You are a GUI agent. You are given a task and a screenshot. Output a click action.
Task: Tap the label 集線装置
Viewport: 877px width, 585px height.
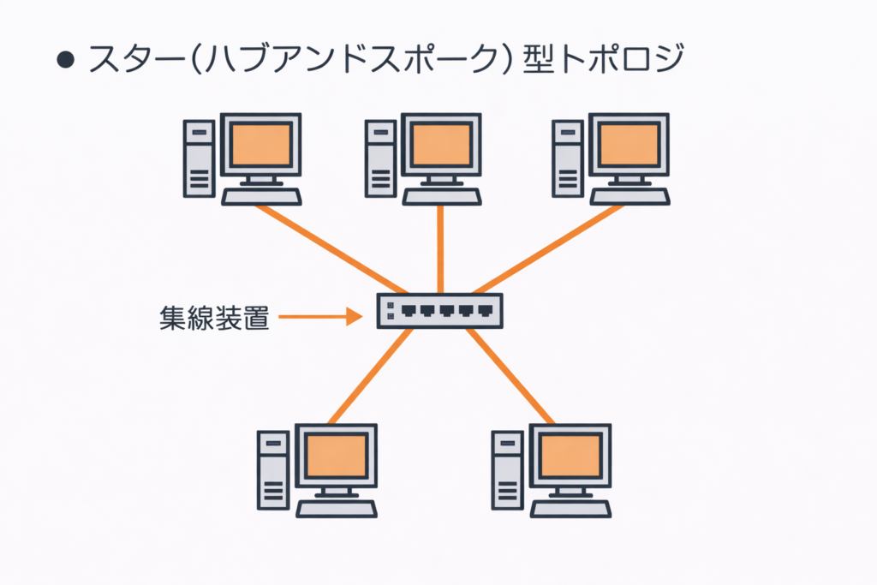[x=215, y=318]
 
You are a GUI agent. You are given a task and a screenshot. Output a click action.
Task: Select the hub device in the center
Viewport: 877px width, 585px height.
[x=440, y=311]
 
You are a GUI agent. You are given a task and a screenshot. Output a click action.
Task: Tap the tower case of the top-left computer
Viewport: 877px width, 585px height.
[x=200, y=158]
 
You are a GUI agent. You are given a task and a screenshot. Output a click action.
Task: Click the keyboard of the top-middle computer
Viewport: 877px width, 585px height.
[x=442, y=197]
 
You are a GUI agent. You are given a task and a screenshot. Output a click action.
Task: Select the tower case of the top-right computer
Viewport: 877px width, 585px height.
[x=566, y=158]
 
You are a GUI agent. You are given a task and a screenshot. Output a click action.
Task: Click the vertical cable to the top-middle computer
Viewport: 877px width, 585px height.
[x=440, y=248]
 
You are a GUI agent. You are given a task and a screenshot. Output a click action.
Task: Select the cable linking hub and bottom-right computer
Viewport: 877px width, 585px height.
[x=510, y=377]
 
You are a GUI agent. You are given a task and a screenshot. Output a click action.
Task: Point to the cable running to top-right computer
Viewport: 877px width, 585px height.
[x=548, y=248]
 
